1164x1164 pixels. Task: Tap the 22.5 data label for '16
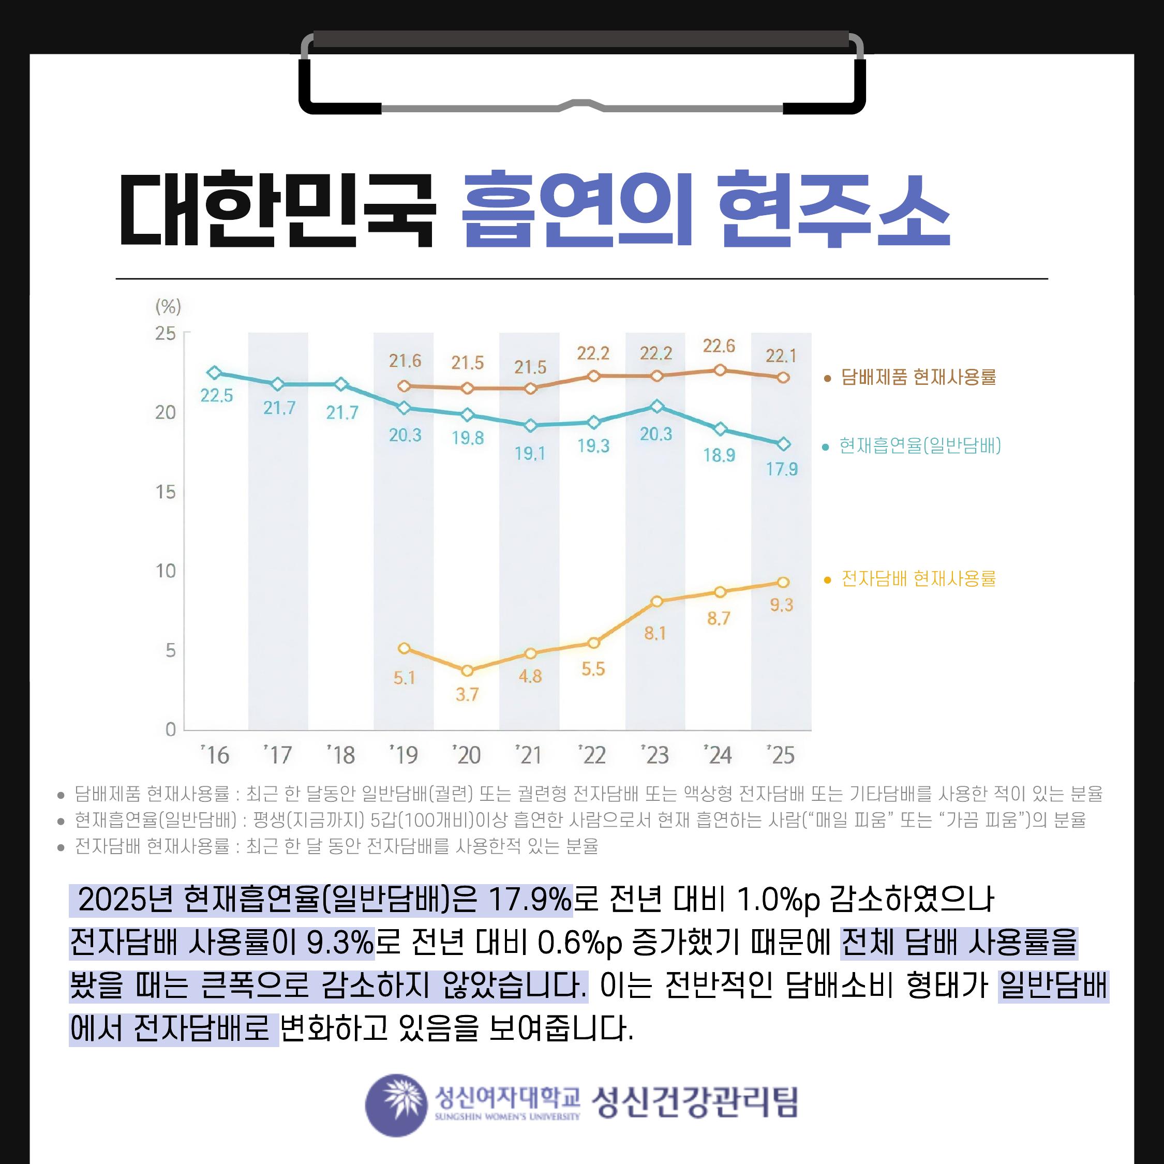216,396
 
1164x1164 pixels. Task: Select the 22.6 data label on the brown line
719,346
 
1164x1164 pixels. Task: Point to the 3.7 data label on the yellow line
467,695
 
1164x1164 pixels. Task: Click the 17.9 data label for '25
781,469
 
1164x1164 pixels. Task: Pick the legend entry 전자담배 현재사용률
918,578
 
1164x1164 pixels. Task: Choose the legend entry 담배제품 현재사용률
918,377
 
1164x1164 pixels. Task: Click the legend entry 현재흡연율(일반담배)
919,446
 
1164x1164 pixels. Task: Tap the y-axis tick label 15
166,492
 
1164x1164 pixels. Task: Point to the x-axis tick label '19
404,755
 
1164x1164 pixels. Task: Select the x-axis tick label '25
781,755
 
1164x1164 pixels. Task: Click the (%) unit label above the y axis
168,307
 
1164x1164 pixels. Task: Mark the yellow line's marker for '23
656,601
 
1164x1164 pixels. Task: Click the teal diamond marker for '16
214,373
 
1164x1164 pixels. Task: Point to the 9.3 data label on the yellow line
781,605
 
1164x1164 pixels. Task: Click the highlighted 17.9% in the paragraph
530,900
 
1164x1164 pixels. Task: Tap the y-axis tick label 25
166,333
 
